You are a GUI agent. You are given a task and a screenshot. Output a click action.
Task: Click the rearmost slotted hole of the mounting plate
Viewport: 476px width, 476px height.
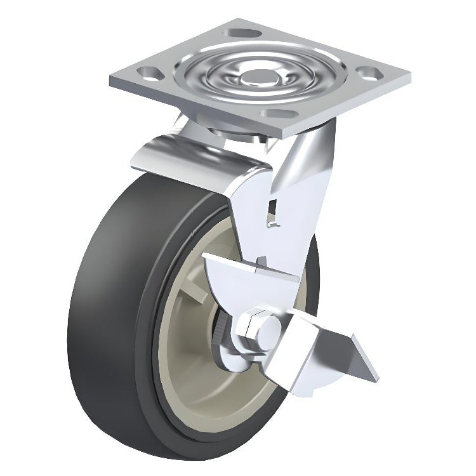pos(240,32)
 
